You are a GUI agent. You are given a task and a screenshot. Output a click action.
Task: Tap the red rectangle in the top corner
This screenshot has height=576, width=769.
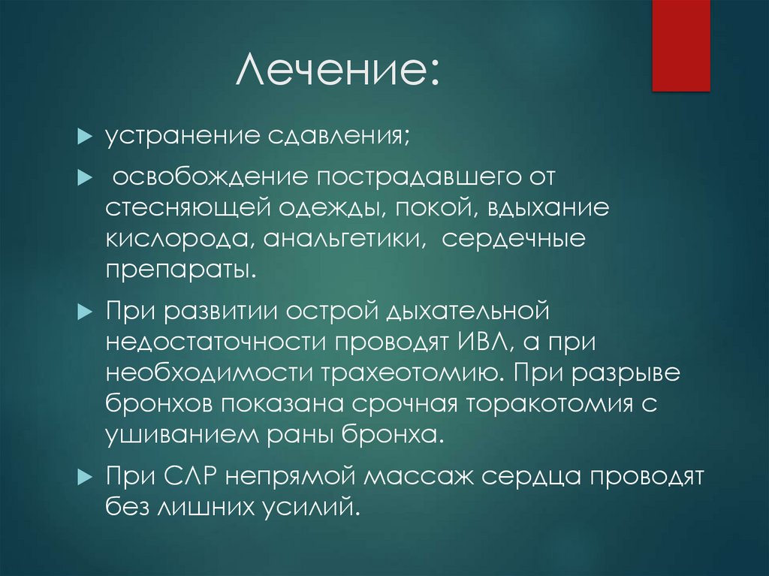[680, 45]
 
